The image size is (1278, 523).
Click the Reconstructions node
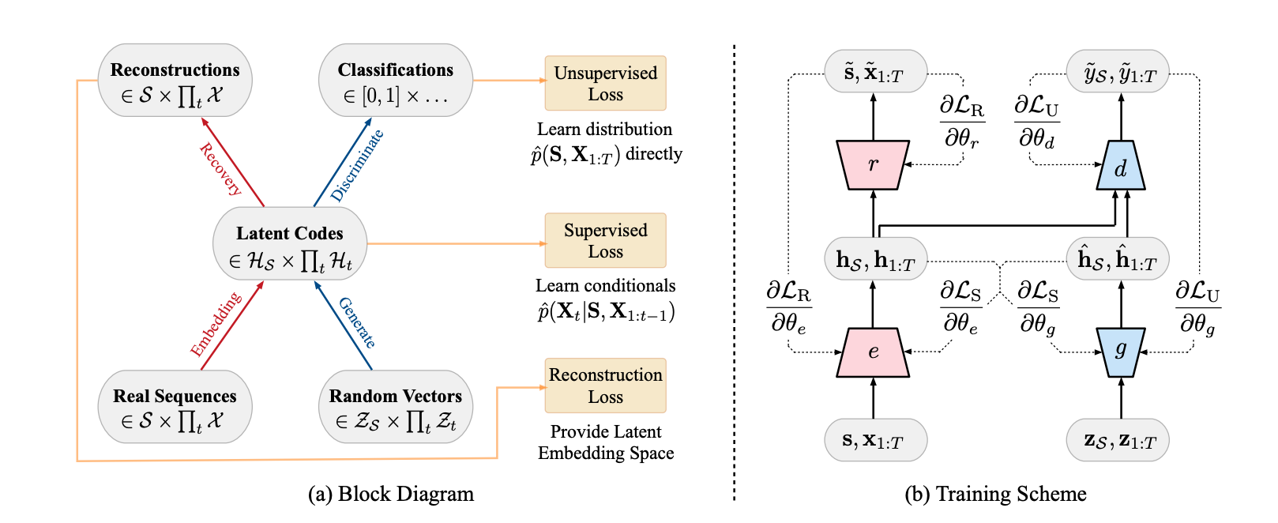coord(175,81)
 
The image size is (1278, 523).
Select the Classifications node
coord(395,81)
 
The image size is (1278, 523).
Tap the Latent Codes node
coord(290,245)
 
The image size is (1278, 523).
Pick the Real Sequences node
coord(175,408)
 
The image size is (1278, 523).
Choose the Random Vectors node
coord(395,408)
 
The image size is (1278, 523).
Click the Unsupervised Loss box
coord(605,84)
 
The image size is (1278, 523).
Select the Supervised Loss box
coord(605,241)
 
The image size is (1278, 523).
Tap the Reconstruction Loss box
coord(605,386)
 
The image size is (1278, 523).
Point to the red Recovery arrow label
coord(220,169)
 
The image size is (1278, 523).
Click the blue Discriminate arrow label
coord(357,165)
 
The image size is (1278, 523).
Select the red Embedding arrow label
coord(216,325)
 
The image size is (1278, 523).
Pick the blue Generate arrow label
coord(357,323)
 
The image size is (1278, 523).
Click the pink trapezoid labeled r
coord(873,165)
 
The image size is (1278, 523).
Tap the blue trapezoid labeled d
coord(1120,167)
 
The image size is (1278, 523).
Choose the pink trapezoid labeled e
coord(873,352)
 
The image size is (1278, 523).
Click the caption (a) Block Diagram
coord(391,495)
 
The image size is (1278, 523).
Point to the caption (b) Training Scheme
coord(995,495)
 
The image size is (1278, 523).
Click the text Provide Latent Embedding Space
coord(606,442)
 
